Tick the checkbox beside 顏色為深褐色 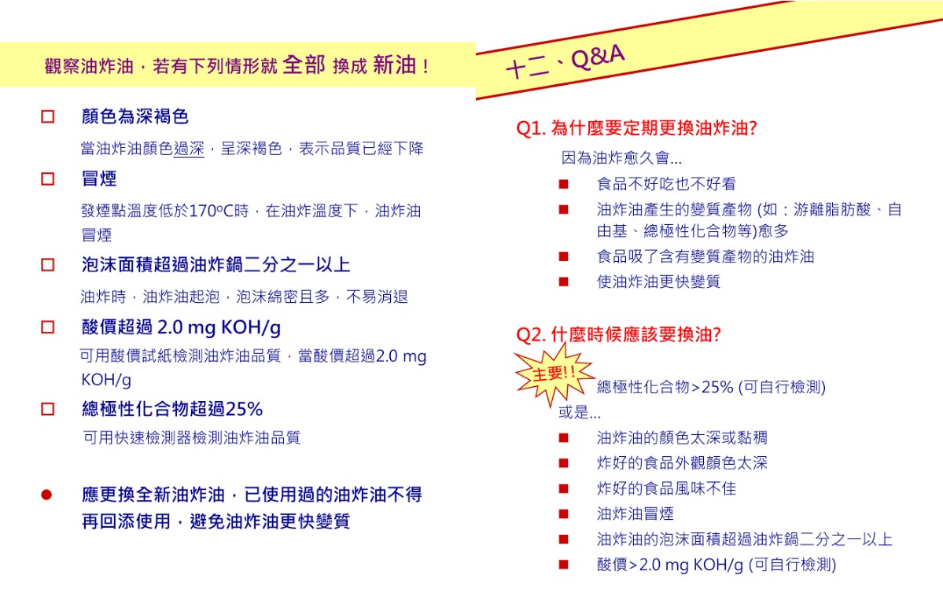[48, 117]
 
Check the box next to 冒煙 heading [48, 179]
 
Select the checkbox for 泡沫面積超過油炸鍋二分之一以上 [48, 265]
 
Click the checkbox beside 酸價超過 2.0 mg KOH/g [48, 326]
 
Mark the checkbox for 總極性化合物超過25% [48, 409]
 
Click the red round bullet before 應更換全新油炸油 [46, 495]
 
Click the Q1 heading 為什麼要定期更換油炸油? [636, 128]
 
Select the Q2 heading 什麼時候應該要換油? [618, 334]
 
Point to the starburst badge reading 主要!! [554, 374]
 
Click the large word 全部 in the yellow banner [304, 65]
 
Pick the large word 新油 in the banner [394, 65]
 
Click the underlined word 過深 [189, 148]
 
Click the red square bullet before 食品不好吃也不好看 [563, 185]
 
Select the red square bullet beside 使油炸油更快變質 [563, 282]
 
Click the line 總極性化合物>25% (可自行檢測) [711, 387]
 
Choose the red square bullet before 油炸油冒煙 [563, 514]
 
